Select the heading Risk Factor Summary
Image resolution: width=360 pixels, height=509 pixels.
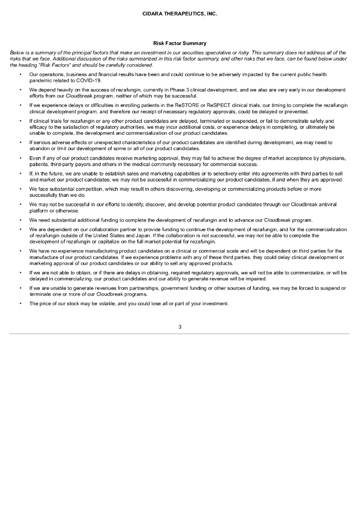[180, 44]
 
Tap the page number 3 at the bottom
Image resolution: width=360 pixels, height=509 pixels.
[180, 326]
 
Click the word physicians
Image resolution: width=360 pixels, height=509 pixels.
[331, 158]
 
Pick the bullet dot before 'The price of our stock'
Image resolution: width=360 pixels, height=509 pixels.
[20, 304]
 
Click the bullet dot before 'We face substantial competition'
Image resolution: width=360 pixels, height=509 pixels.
[20, 189]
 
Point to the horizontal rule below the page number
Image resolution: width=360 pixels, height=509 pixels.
[180, 334]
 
